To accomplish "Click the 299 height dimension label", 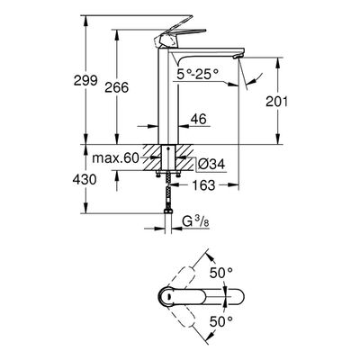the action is [85, 80].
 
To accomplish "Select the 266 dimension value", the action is [117, 87].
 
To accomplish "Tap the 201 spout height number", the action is [276, 102].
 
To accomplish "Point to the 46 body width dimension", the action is [198, 119].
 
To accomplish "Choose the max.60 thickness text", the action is [115, 157].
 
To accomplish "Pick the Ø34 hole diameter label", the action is [211, 165].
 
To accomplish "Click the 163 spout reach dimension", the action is [203, 185].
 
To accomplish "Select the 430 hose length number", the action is [85, 180].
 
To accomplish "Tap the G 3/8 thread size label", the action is [196, 222].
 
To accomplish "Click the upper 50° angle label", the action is [221, 273].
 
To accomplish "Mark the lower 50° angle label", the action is [221, 322].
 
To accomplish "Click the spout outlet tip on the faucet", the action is [239, 57].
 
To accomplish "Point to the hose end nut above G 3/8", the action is [168, 211].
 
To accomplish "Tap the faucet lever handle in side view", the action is [180, 35].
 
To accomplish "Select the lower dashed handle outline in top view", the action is [184, 314].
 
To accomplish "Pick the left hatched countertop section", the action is [152, 157].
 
